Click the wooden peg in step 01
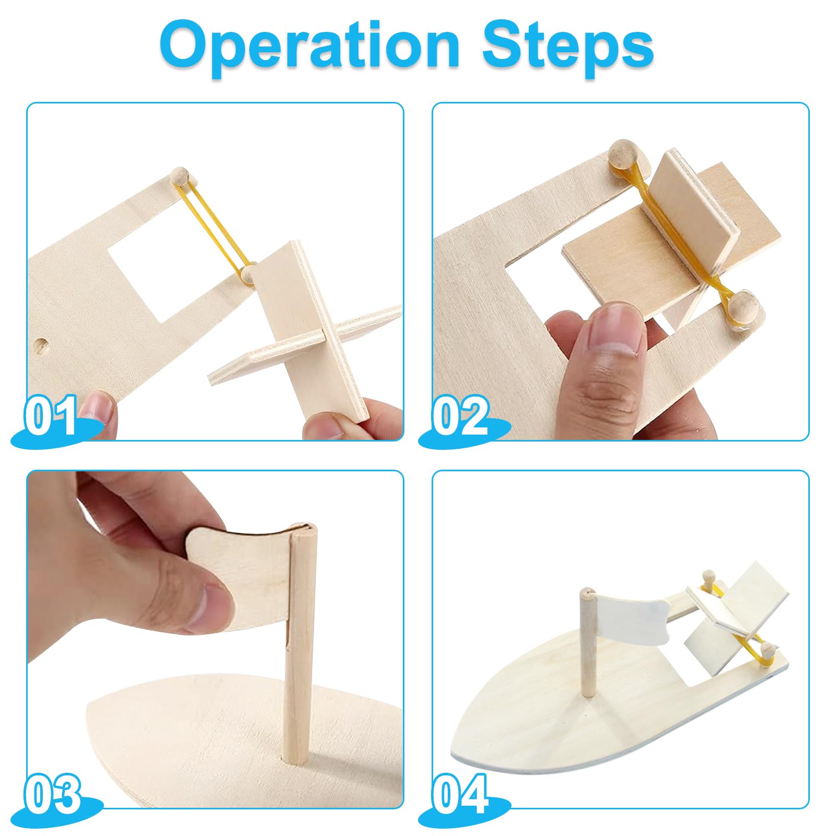coord(181,176)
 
